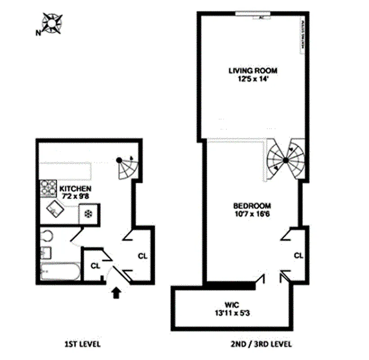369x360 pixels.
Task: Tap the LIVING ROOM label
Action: (x=252, y=70)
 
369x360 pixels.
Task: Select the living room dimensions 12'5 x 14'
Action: (x=252, y=79)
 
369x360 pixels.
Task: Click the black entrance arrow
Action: (x=116, y=293)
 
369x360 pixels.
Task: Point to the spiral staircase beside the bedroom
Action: (x=285, y=161)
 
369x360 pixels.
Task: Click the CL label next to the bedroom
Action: (x=298, y=255)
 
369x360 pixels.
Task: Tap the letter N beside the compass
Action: (x=38, y=32)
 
